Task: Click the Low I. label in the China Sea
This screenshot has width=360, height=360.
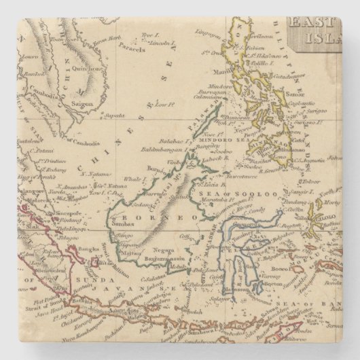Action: [x=160, y=105]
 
